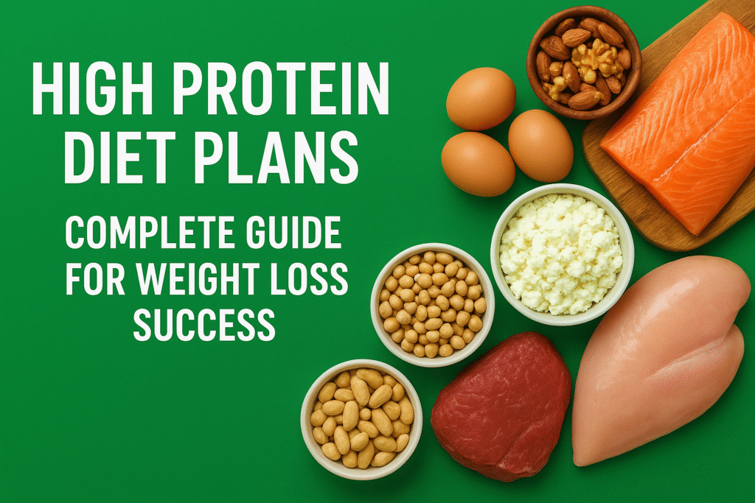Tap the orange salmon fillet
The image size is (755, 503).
click(x=678, y=122)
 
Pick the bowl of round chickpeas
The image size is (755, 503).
click(x=432, y=303)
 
